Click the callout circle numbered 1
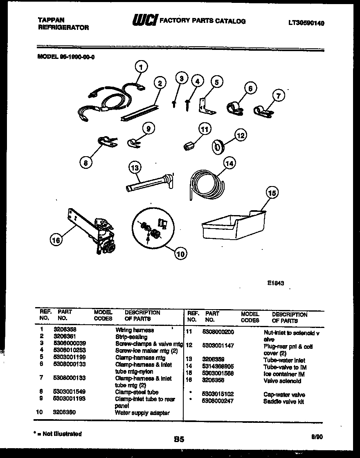(141, 66)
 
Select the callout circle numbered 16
(56, 241)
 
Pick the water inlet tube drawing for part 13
(150, 183)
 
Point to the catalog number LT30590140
(306, 23)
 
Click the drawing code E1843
(277, 283)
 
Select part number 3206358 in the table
(65, 329)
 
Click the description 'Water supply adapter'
(142, 413)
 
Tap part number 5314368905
(218, 367)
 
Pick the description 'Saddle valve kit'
(283, 402)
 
